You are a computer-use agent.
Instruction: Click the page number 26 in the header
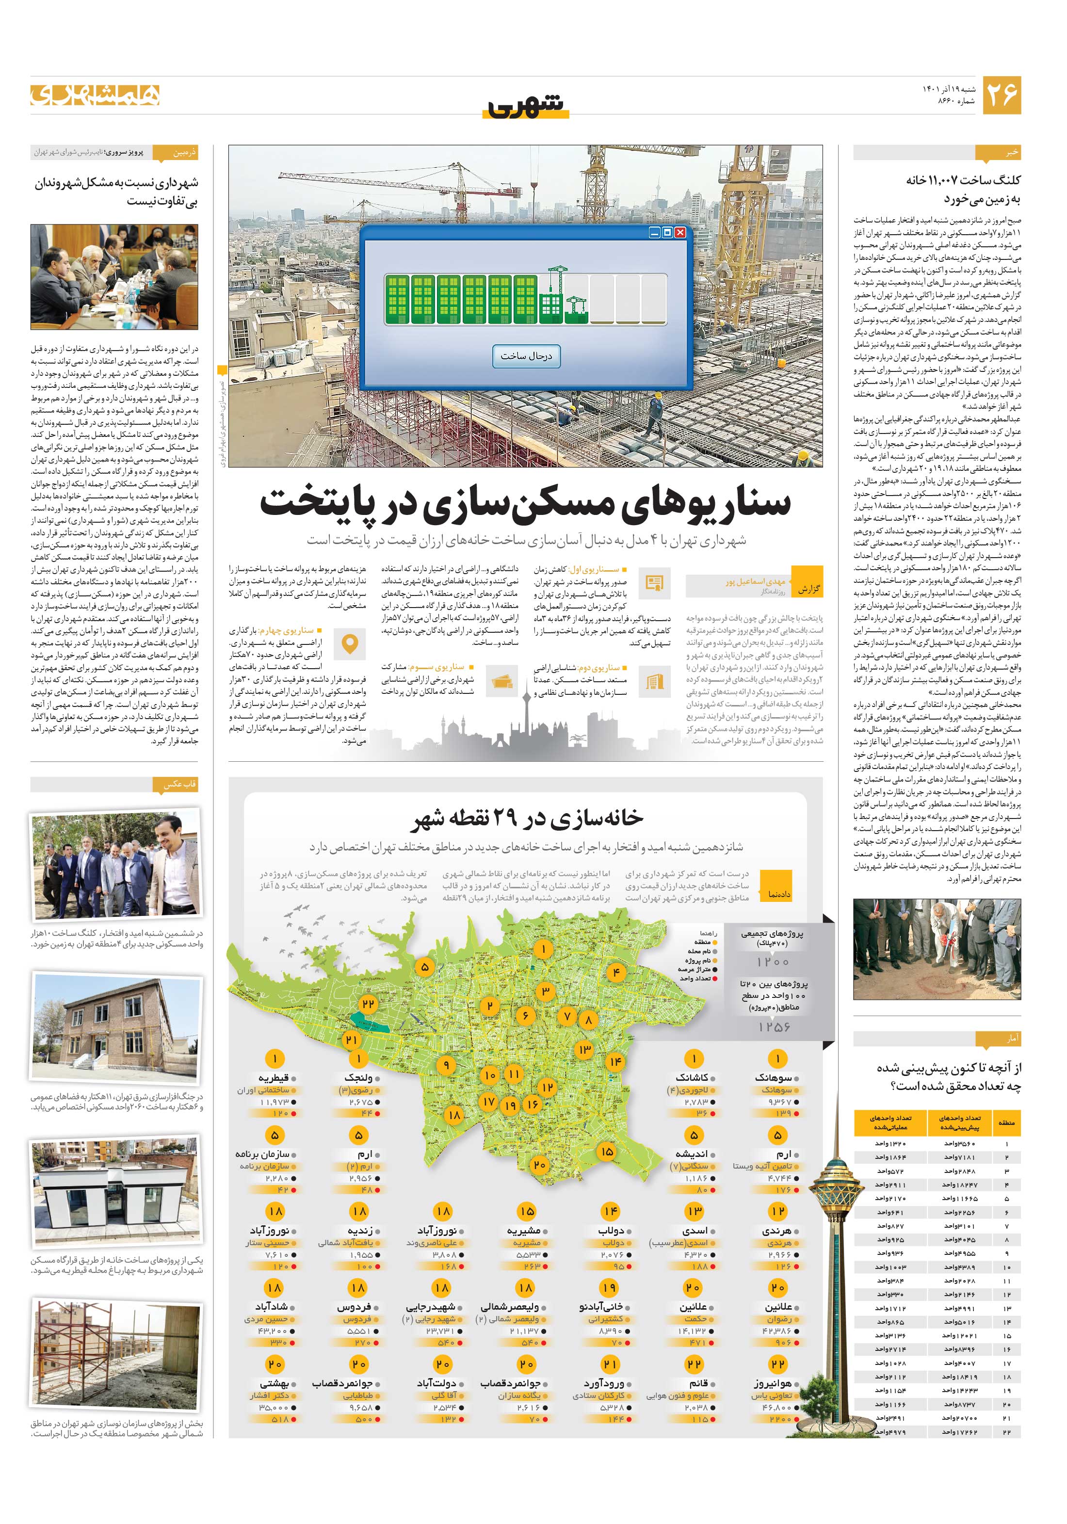pos(1001,95)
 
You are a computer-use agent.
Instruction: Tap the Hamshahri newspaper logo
pos(95,96)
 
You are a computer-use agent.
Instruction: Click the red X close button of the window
pos(680,233)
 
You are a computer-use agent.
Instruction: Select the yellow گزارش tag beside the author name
pos(808,589)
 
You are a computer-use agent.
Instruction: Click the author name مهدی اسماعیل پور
pos(754,581)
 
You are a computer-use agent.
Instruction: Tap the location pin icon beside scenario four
pos(349,644)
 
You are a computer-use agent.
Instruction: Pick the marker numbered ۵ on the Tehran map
pos(424,967)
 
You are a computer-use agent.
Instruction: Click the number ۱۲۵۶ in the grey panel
pos(774,1027)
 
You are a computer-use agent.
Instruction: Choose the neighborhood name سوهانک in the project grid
pos(774,1078)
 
